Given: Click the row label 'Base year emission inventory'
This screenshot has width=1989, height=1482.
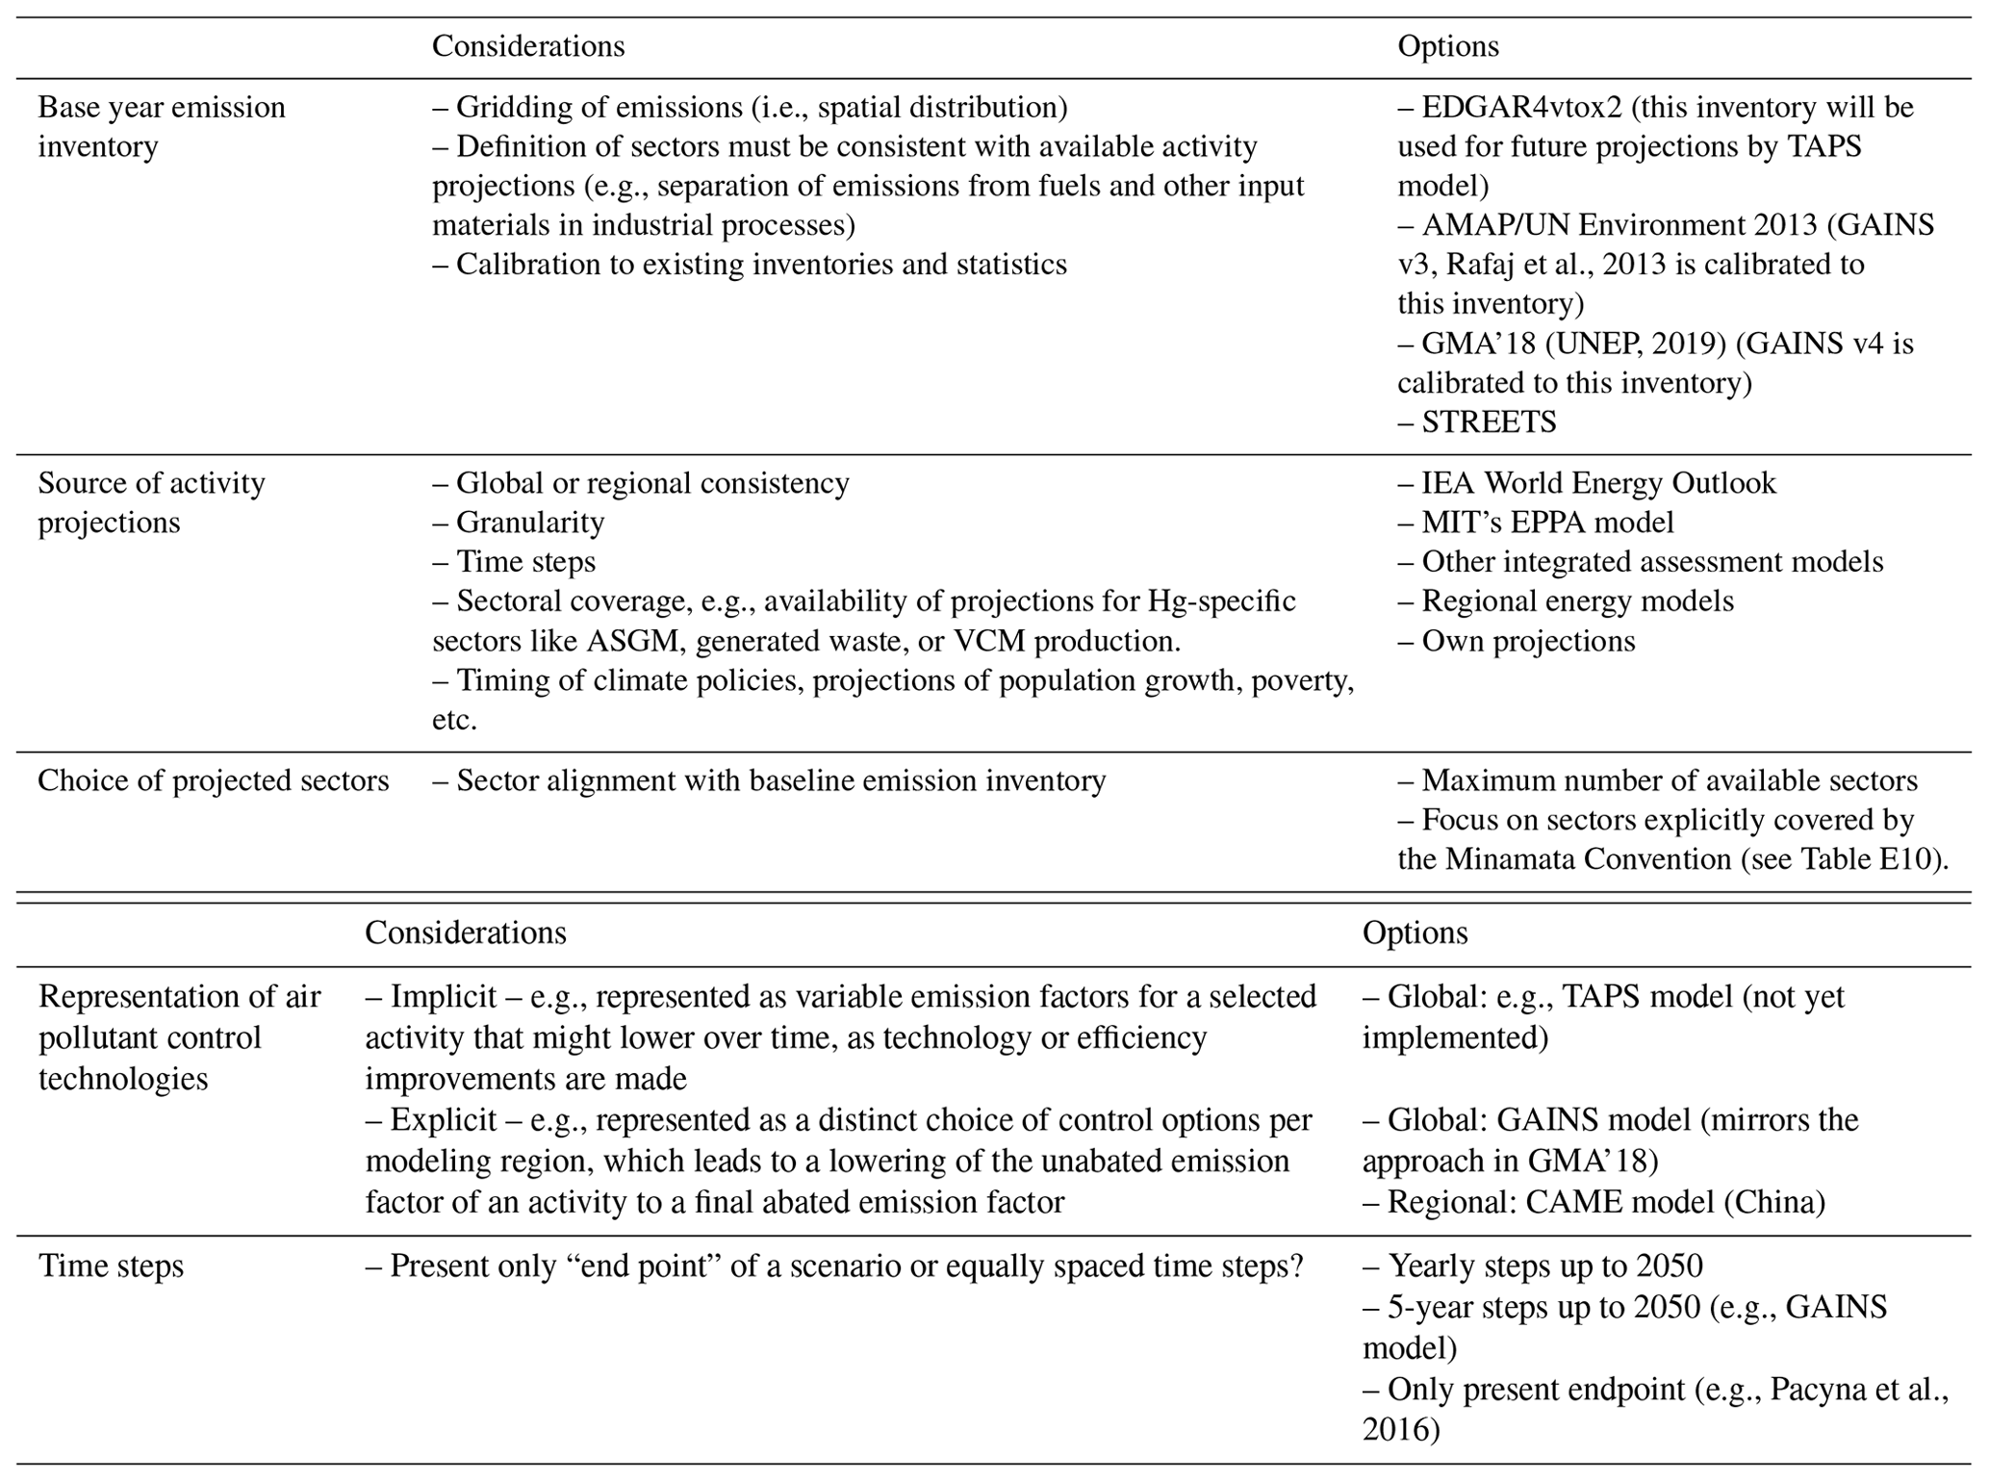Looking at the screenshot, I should click(161, 126).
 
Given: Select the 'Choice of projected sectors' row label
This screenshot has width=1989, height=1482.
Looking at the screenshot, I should click(213, 780).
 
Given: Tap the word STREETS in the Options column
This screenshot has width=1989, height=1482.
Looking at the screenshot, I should click(1489, 422).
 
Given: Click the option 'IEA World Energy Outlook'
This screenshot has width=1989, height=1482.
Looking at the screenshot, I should click(1598, 482).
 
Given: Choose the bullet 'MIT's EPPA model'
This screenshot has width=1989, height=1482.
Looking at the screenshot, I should click(1547, 523).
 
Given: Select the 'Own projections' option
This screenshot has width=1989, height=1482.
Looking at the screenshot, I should click(1528, 641).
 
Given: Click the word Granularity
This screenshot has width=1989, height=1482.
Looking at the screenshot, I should click(530, 523).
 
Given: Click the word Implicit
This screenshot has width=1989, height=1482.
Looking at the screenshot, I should click(444, 996).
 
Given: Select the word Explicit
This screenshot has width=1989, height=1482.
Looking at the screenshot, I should click(444, 1120).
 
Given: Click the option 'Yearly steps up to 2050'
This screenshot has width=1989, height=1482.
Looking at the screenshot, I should click(1544, 1265).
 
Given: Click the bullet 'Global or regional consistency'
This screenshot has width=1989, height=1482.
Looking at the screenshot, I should click(652, 482).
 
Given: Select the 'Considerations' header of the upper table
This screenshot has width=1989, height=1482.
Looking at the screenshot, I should click(528, 46).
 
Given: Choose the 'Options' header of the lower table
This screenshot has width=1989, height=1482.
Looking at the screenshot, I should click(1415, 933).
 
